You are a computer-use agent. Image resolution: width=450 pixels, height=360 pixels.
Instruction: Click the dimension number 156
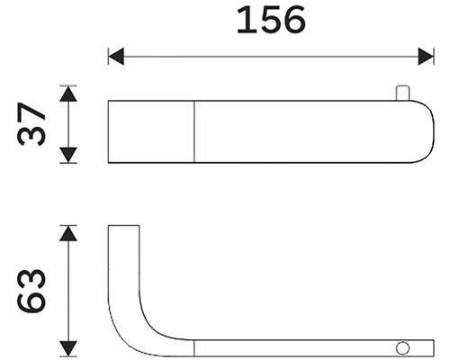(x=271, y=20)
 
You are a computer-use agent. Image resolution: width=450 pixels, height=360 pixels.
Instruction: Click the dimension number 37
(x=31, y=124)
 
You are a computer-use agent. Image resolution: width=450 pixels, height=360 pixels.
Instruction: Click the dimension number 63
(x=31, y=291)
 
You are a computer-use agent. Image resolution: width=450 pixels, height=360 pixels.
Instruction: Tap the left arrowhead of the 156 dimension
(x=116, y=56)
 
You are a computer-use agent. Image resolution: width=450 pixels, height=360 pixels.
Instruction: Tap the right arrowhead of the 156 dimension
(x=426, y=56)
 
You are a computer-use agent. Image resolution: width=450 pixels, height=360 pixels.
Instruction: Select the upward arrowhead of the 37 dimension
(x=68, y=94)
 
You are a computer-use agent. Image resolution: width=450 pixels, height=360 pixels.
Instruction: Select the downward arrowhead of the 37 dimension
(x=68, y=155)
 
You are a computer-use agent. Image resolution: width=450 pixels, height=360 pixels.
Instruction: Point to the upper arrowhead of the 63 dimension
(x=68, y=233)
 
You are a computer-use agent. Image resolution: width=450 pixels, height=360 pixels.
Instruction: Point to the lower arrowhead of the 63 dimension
(x=68, y=348)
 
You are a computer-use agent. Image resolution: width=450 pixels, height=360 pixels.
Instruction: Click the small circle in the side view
(x=402, y=348)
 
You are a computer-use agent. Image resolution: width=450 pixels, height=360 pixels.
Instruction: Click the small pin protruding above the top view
(x=402, y=93)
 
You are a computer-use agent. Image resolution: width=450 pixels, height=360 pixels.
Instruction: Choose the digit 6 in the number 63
(x=31, y=302)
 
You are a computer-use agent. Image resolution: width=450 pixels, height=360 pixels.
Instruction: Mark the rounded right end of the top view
(x=430, y=131)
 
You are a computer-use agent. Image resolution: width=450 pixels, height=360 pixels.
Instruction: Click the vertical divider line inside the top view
(x=194, y=131)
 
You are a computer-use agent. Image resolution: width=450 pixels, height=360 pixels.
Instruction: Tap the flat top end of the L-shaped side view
(x=123, y=225)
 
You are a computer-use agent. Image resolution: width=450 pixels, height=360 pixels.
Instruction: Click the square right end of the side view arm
(x=434, y=348)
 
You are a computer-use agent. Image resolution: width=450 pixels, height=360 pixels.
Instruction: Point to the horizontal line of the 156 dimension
(x=271, y=56)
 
